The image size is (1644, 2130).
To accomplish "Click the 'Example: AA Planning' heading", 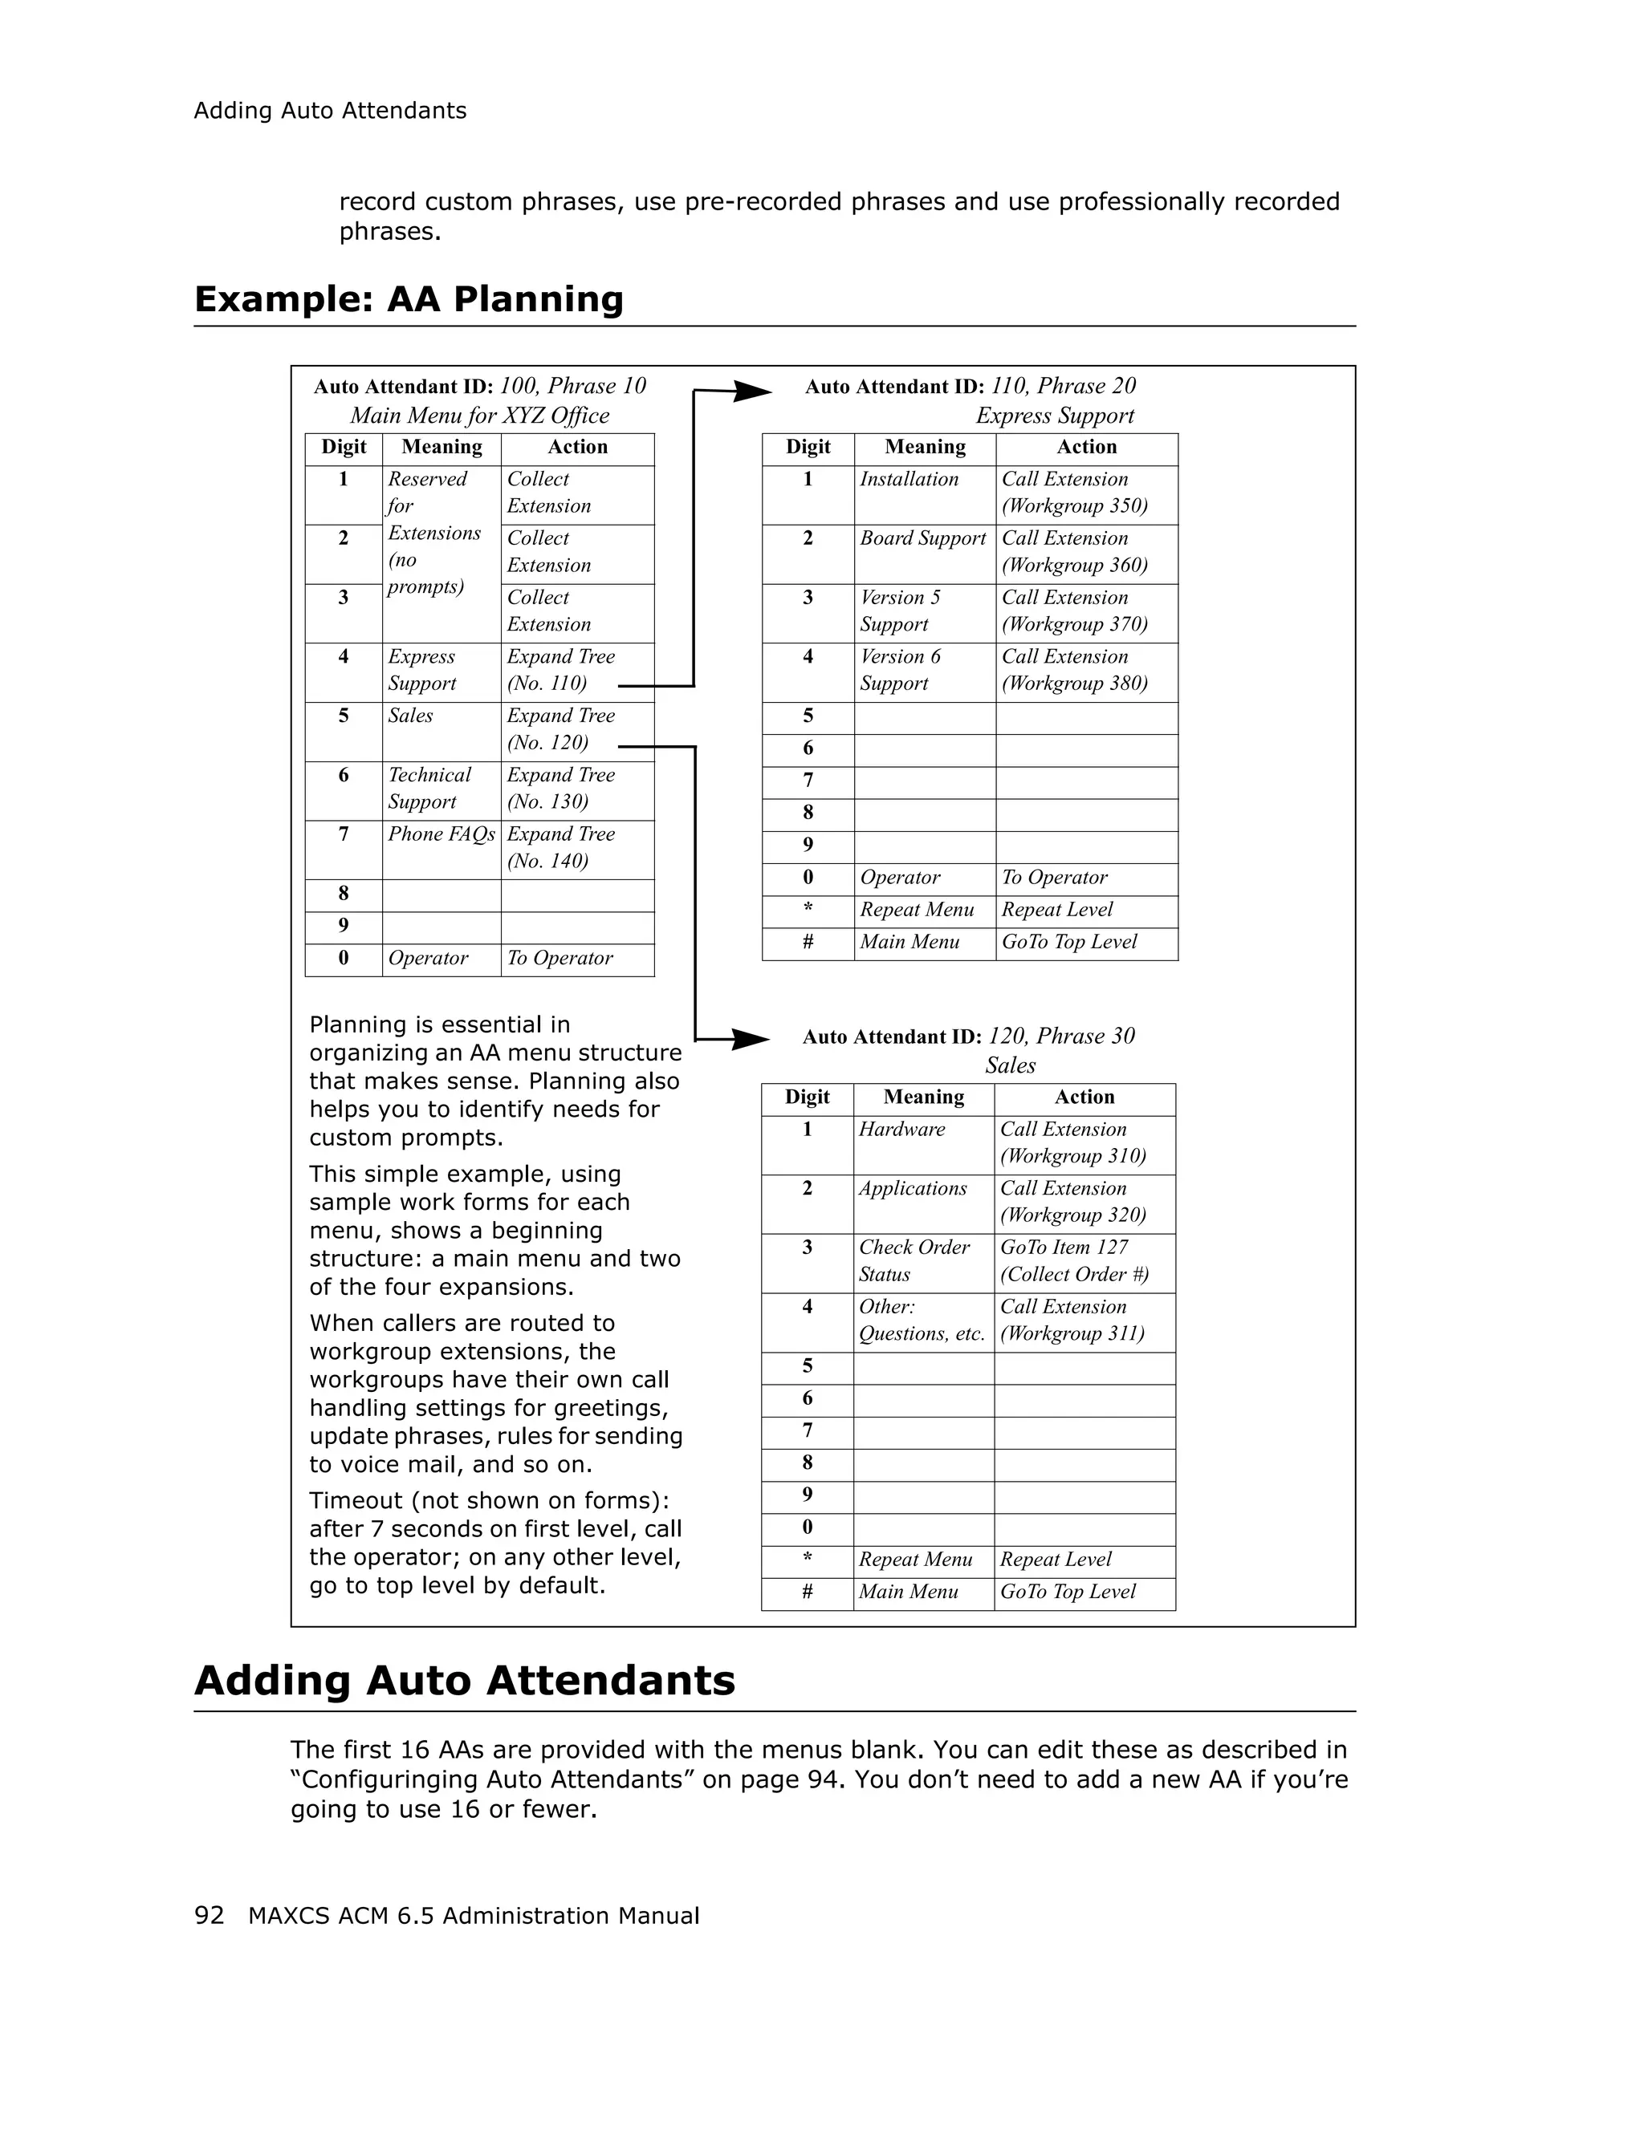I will point(409,298).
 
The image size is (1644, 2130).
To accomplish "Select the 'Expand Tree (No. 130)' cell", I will point(561,789).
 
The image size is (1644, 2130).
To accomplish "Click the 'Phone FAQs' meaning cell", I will point(441,835).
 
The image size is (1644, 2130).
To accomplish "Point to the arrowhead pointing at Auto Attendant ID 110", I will point(752,392).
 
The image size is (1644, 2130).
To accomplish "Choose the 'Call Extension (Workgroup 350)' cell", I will point(1074,493).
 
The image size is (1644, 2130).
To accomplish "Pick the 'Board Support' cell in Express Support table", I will point(923,539).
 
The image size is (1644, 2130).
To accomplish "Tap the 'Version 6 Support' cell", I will point(901,670).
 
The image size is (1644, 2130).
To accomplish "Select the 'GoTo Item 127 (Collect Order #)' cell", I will point(1073,1261).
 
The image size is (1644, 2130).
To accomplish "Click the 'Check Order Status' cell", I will point(914,1261).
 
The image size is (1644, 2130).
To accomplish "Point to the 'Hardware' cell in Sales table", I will point(901,1130).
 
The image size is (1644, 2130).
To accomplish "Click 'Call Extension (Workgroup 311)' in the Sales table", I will point(1072,1321).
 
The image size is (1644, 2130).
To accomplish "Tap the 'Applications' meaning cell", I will point(912,1189).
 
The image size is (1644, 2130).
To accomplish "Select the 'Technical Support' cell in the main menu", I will point(429,789).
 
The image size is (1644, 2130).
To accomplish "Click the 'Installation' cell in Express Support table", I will point(909,480).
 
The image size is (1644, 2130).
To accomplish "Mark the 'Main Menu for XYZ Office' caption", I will point(479,416).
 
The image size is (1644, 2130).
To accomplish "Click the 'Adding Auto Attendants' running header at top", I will point(330,112).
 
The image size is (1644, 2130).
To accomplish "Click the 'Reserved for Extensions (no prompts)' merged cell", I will point(434,534).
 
